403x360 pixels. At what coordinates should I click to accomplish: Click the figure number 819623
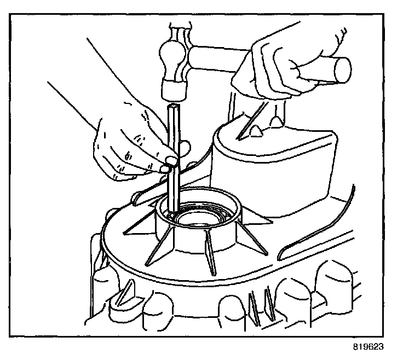(x=369, y=347)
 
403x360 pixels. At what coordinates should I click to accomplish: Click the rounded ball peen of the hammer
(x=172, y=50)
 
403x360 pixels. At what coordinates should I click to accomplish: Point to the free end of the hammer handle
(x=343, y=70)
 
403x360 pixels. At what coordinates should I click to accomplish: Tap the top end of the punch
(x=175, y=106)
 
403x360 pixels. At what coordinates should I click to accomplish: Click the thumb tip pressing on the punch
(x=171, y=160)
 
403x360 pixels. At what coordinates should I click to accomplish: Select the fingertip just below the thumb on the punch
(x=164, y=169)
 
